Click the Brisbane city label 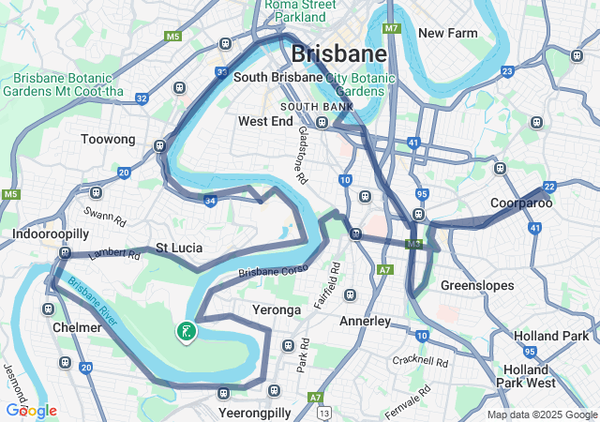(x=338, y=53)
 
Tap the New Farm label (x=448, y=33)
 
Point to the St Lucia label (x=174, y=249)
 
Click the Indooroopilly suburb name (x=51, y=233)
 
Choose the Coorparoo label (x=521, y=203)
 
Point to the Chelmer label (x=77, y=328)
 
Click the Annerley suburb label (x=364, y=321)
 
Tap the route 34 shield (x=210, y=200)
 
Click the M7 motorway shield (x=392, y=29)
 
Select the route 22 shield (x=549, y=187)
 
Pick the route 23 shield (x=507, y=71)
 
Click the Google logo (x=31, y=411)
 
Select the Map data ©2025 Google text (x=542, y=414)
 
